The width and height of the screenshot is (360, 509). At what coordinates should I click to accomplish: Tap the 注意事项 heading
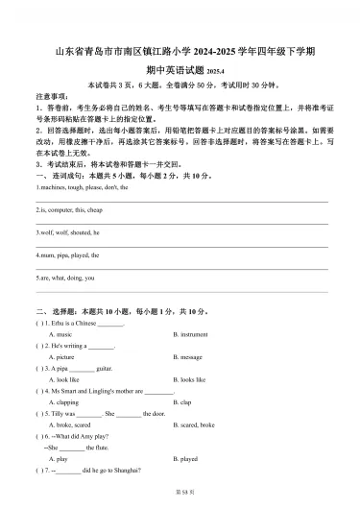pos(54,97)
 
